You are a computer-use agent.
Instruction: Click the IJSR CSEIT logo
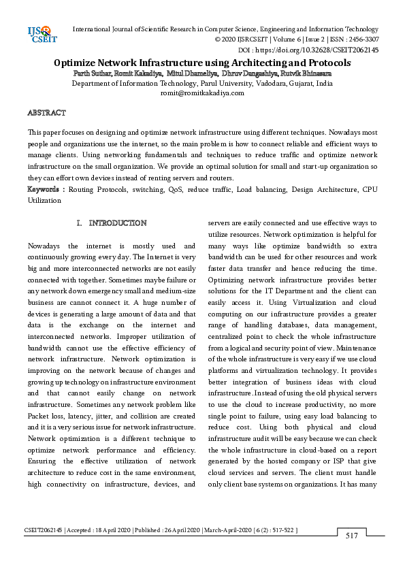point(39,35)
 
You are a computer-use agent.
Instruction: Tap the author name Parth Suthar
point(93,73)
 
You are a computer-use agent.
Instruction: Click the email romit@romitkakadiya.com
point(201,93)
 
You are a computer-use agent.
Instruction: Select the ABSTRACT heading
point(46,112)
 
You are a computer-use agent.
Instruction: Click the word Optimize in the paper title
point(80,63)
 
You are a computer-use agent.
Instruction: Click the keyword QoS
point(174,189)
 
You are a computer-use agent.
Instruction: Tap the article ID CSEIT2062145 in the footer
point(44,529)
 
